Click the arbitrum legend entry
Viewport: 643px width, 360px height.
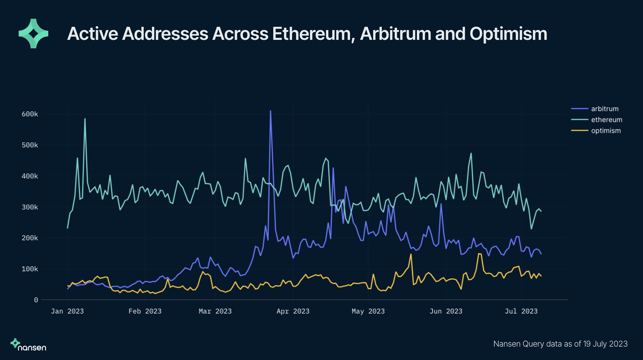604,109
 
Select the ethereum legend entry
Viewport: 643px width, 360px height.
606,120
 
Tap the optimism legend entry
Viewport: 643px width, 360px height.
606,131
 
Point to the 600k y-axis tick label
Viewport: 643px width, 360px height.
30,114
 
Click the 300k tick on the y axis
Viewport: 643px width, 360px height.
30,207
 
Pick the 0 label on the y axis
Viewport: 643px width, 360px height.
36,300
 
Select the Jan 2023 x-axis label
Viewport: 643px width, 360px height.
67,311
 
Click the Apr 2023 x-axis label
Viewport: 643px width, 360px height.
293,311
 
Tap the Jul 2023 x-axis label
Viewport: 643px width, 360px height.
521,311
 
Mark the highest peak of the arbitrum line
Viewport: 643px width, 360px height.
271,111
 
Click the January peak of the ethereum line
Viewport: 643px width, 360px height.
85,119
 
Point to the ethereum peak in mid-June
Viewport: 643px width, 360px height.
471,153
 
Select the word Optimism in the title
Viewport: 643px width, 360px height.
508,34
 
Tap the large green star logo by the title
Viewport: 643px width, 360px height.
33,34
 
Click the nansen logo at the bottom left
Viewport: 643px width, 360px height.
28,345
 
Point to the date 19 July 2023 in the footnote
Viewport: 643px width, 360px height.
605,344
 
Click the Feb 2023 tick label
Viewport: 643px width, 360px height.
145,311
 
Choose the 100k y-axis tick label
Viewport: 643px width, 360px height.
30,269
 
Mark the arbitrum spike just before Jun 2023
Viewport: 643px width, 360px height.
441,204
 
